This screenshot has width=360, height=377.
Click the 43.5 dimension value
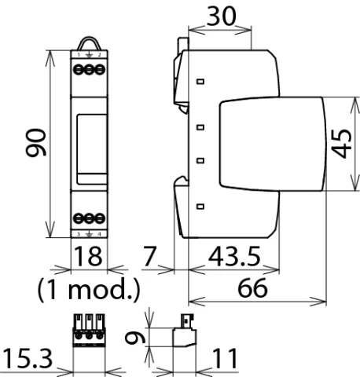[237, 257]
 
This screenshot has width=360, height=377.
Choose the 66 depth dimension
[253, 288]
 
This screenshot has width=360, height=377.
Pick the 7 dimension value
[152, 257]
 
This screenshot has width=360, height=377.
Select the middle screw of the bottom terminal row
[88, 218]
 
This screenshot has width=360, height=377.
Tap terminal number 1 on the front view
[78, 56]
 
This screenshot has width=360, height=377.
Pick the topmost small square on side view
[200, 81]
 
